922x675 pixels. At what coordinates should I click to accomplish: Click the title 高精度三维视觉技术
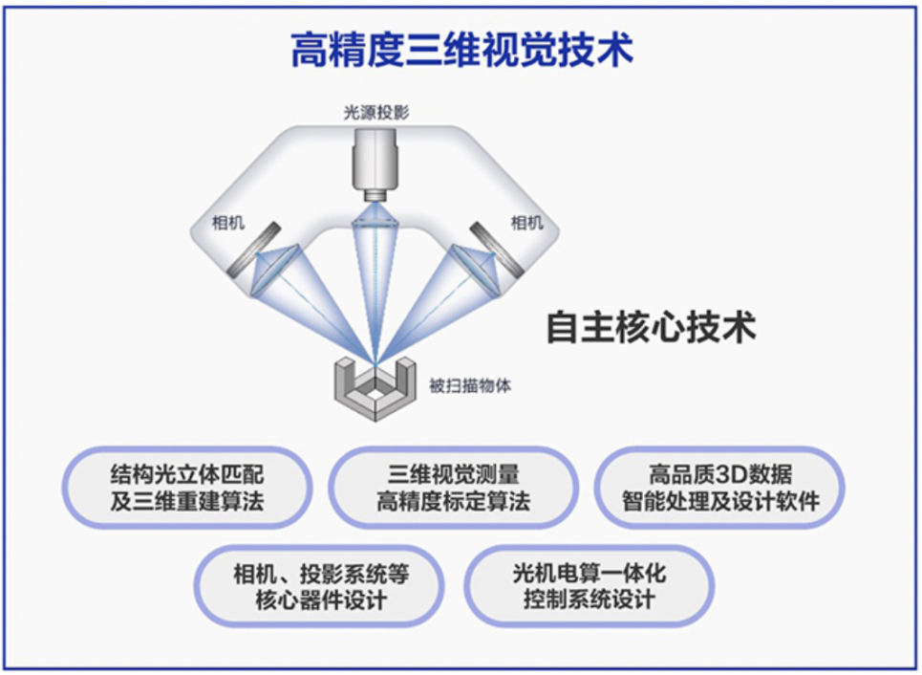[462, 50]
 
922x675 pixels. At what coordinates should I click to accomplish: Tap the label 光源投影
[376, 113]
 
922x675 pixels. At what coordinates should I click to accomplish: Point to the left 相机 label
[228, 223]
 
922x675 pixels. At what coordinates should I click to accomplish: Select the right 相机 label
[526, 222]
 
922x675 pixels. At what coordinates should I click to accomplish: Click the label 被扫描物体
[470, 385]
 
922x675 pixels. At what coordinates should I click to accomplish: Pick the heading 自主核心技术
[651, 327]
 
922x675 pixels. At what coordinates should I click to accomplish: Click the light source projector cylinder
[375, 164]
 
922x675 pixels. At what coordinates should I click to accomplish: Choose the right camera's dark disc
[498, 249]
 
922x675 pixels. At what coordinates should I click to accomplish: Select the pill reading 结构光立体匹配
[187, 488]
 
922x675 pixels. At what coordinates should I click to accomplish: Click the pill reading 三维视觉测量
[453, 488]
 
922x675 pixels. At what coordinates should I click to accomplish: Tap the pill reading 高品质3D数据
[719, 488]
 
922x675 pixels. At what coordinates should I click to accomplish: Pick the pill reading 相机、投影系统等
[320, 586]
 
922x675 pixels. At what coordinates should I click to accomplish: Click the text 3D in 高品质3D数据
[721, 473]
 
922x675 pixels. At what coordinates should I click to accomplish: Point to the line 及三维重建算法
[187, 501]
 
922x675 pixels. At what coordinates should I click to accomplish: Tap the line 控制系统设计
[590, 599]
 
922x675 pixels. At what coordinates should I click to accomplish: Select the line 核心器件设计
[320, 599]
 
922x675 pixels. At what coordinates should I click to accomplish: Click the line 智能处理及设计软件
[720, 501]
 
